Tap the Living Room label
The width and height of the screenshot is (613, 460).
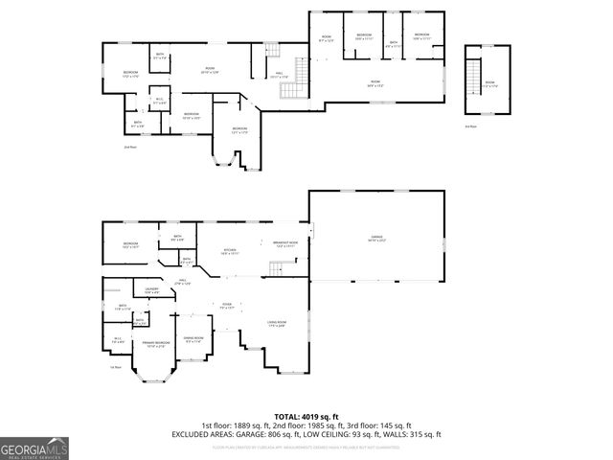277,323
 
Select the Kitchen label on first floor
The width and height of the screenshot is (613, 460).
230,251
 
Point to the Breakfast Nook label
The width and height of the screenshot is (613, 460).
285,244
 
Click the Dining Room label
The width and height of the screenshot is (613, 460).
193,338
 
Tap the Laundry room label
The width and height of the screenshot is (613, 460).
151,290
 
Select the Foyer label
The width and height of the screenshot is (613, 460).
227,307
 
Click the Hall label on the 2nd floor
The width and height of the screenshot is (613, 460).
280,74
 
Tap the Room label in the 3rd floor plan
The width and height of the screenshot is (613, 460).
489,83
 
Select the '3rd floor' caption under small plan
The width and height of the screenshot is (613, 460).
470,126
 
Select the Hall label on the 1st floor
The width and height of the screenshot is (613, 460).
182,282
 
